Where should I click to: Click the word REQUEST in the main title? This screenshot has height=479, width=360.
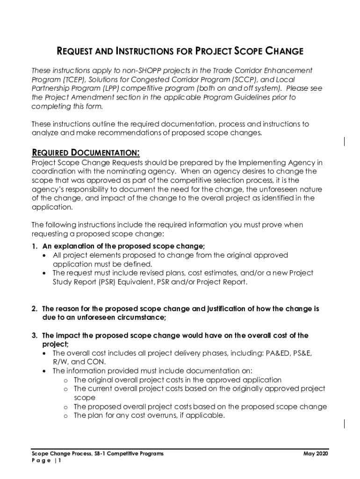[77, 51]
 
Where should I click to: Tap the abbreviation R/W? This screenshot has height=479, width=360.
[60, 362]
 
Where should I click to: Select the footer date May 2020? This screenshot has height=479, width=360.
[316, 454]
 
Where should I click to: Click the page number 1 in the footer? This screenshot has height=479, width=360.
[59, 460]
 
